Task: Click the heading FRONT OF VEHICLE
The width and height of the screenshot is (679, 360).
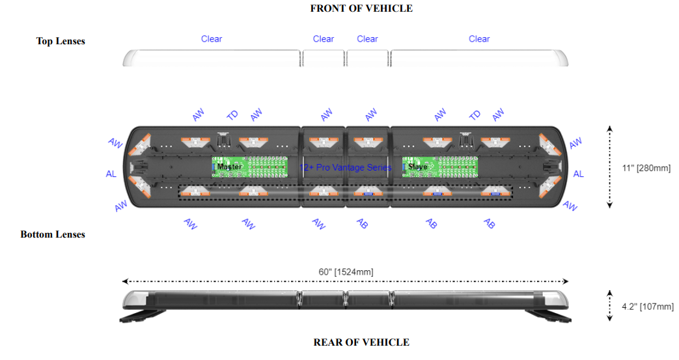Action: click(361, 8)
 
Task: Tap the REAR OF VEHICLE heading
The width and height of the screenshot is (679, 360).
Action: click(361, 342)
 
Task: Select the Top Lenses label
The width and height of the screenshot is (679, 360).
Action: click(61, 41)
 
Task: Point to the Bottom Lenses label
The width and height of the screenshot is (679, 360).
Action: click(53, 234)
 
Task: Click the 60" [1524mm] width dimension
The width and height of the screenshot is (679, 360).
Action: click(346, 272)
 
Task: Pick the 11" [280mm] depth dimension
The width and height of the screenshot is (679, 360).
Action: click(646, 168)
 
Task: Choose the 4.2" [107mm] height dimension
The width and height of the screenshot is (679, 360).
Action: click(648, 307)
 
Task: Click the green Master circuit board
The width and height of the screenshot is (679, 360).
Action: click(249, 167)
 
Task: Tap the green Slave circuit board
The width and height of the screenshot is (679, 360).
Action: click(440, 167)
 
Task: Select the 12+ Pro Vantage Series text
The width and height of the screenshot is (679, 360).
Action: click(345, 168)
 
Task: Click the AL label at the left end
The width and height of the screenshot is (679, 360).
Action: click(111, 174)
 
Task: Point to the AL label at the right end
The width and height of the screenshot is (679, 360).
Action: click(579, 174)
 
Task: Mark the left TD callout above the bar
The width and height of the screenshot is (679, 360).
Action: click(232, 115)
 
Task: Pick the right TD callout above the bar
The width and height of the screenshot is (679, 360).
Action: click(475, 115)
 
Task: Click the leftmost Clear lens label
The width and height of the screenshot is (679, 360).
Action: click(212, 39)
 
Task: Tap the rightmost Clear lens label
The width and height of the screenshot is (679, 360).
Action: click(479, 39)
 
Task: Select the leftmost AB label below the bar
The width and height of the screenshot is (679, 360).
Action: click(362, 223)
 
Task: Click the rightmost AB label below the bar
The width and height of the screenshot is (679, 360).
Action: click(490, 223)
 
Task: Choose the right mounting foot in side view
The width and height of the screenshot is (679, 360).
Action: click(548, 316)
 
